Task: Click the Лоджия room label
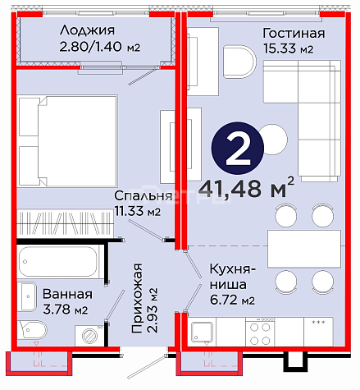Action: click(87, 30)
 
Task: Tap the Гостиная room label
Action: click(294, 34)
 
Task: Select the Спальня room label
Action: click(144, 195)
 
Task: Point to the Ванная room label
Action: click(67, 294)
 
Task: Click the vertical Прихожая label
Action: click(137, 298)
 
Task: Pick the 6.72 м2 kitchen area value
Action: click(232, 300)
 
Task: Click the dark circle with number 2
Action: click(238, 148)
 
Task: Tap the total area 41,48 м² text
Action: click(246, 188)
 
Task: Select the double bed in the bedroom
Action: click(67, 141)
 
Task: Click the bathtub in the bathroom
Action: click(58, 262)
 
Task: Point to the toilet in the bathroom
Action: click(32, 329)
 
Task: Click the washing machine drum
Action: click(89, 335)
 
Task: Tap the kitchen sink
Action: click(202, 332)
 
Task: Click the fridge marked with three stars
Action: click(318, 332)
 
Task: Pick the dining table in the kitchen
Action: click(304, 249)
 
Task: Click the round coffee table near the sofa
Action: click(274, 139)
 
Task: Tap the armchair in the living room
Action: click(239, 62)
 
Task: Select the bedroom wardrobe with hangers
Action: click(65, 223)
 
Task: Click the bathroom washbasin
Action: click(27, 296)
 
